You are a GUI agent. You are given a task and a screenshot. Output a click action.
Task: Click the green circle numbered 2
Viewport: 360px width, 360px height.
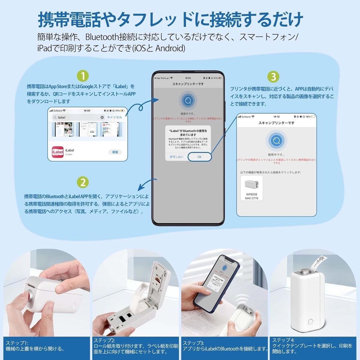pos(83,182)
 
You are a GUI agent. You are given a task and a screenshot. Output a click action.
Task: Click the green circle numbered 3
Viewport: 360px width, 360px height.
pos(273,77)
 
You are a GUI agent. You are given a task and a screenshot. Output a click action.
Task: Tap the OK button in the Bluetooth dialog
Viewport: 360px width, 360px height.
pos(199,157)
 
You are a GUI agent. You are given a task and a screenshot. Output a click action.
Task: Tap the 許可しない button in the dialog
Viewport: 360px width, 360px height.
pos(176,157)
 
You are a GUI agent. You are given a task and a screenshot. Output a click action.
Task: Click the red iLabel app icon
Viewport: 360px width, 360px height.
pos(57,152)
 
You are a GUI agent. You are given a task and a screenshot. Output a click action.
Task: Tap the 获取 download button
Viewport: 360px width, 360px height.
pos(115,152)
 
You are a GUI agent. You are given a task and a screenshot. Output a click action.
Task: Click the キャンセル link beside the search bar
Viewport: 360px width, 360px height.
pos(114,117)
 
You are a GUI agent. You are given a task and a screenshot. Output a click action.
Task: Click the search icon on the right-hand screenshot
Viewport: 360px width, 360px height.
pos(276,140)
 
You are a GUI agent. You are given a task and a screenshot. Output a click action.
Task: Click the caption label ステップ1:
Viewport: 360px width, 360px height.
pos(17,343)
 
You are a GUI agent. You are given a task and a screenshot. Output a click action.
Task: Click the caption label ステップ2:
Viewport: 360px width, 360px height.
pos(104,340)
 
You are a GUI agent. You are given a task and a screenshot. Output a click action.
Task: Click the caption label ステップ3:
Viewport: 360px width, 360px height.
pos(193,343)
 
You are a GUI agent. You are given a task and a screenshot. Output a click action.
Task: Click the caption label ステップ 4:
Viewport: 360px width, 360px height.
pos(283,340)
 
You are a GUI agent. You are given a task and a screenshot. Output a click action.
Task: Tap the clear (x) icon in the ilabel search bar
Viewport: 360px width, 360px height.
pos(102,117)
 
